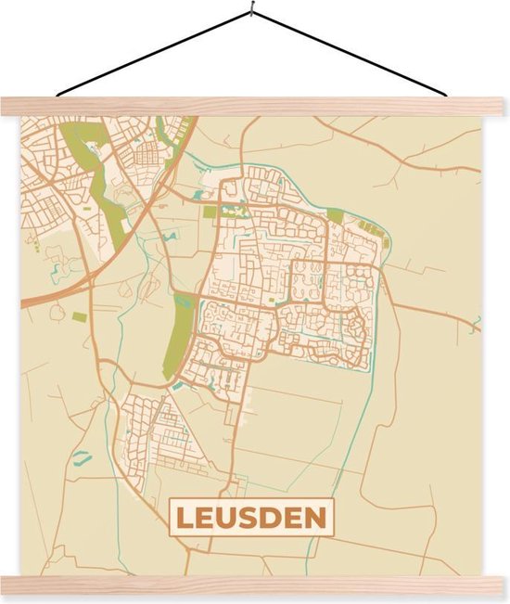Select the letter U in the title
(227, 517)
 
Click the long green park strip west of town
(182, 334)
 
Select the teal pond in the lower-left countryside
(82, 456)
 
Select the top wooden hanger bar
(255, 106)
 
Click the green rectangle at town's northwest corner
(210, 212)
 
